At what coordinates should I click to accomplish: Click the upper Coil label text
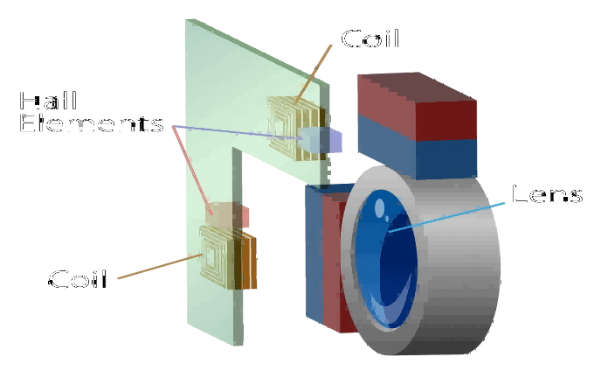371,39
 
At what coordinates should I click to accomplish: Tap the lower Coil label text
78,280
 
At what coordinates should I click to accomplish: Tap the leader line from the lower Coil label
157,267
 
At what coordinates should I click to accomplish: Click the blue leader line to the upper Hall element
236,131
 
